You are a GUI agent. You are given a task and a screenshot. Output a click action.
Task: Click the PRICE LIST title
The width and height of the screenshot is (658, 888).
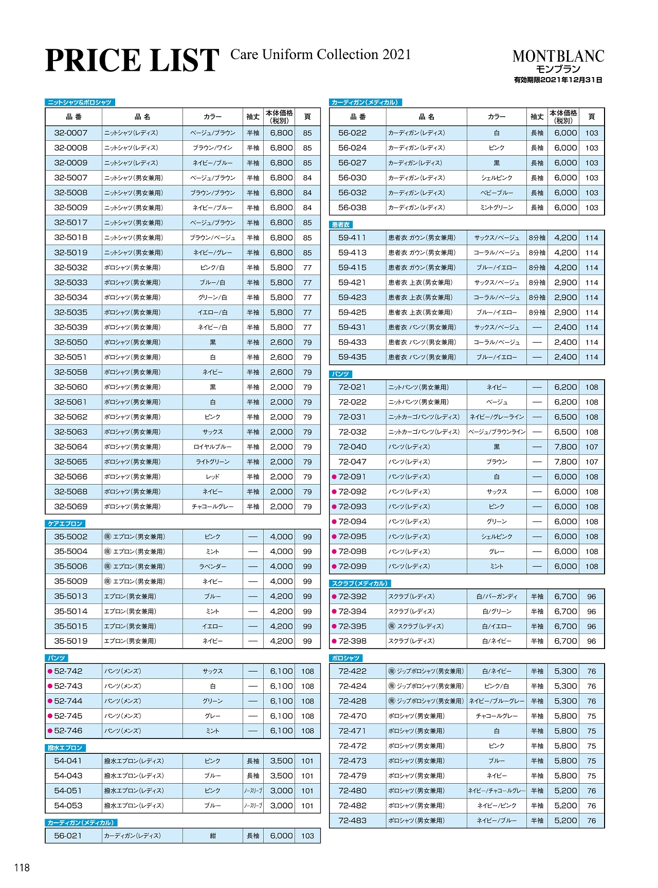coord(132,61)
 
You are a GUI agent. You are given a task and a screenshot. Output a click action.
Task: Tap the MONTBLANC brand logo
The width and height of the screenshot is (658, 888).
coord(558,56)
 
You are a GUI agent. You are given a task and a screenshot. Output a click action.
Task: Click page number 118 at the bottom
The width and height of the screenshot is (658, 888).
coord(22,868)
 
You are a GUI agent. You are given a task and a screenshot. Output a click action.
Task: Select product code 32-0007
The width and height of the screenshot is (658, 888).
coord(71,133)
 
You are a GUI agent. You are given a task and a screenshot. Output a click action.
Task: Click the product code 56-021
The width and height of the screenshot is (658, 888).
coord(68,836)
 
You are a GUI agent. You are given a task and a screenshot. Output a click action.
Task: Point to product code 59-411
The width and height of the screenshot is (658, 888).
coord(352,238)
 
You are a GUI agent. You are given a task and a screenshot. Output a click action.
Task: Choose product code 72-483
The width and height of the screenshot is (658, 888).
coord(353,821)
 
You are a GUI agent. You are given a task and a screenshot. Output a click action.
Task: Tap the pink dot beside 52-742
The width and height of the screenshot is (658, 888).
coord(50,671)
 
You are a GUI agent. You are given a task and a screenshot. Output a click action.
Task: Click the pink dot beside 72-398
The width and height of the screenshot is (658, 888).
coord(334,641)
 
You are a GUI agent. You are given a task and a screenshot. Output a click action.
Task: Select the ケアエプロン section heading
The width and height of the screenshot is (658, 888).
coord(65,524)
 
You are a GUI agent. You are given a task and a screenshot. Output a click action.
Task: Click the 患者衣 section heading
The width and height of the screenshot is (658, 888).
coord(341,225)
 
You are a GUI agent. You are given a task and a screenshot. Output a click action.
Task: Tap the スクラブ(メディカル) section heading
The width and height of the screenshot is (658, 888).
coord(360,583)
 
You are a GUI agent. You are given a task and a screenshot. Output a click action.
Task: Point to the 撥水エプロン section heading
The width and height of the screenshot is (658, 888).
coord(65,748)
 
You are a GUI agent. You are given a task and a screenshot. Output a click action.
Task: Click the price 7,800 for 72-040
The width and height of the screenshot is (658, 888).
coord(565,447)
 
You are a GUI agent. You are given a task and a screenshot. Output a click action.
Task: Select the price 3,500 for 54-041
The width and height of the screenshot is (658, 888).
coord(281,761)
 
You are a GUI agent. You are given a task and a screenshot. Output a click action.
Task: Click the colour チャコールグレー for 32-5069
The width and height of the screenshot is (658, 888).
coord(213,507)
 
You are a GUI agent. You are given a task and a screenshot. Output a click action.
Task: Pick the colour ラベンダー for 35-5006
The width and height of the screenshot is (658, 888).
coord(213,567)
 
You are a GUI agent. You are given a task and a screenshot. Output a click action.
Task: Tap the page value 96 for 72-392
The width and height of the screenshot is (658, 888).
coord(592,597)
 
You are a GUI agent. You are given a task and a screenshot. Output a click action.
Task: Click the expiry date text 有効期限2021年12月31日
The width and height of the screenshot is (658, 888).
coord(558,80)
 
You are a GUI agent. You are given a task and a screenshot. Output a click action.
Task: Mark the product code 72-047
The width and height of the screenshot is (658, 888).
coord(353,462)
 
